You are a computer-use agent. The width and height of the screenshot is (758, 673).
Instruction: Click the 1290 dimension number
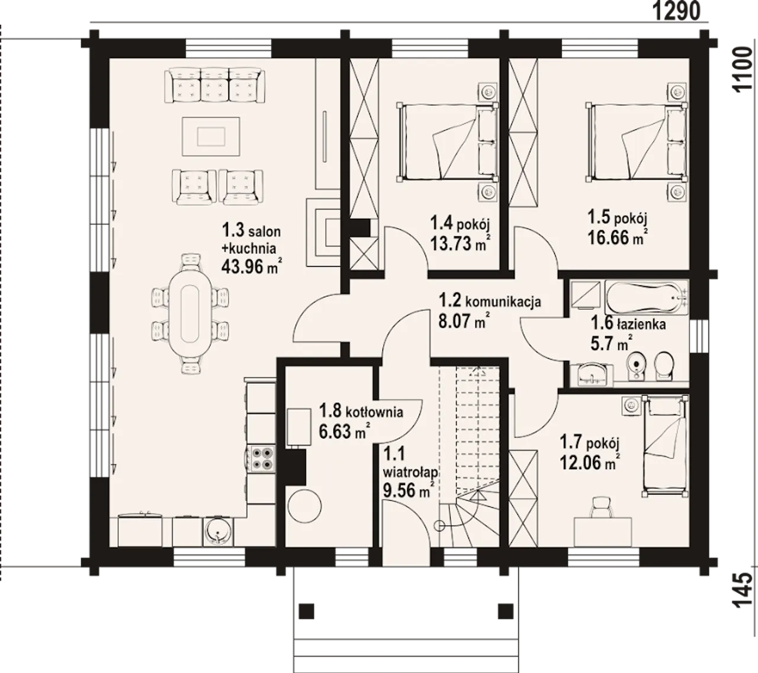(676, 12)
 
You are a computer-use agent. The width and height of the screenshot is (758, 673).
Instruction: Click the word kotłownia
(374, 412)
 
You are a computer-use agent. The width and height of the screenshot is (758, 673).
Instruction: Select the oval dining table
(189, 314)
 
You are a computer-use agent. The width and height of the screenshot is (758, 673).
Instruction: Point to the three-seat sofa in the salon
(216, 85)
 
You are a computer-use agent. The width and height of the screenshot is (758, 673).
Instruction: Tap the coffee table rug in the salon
(211, 136)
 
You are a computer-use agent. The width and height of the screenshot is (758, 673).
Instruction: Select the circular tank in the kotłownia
(305, 506)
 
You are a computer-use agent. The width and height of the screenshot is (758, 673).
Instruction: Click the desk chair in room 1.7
(603, 508)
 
